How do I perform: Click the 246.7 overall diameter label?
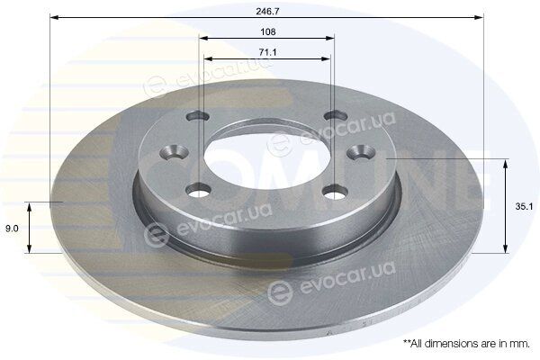click(267, 11)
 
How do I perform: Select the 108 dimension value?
click(268, 32)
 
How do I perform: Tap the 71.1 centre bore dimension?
click(267, 53)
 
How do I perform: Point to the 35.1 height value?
click(524, 207)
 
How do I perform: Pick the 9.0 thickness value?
click(12, 228)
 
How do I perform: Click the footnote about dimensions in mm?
click(466, 344)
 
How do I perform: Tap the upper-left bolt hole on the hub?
click(198, 116)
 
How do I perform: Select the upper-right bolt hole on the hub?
click(337, 115)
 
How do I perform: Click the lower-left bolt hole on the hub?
click(198, 190)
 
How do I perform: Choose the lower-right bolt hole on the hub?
click(337, 192)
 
